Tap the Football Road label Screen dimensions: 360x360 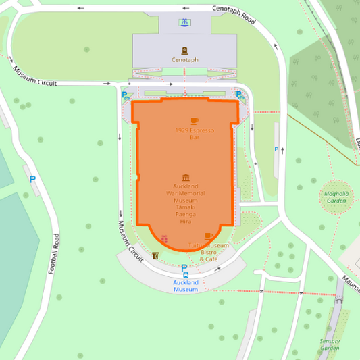tap(54, 253)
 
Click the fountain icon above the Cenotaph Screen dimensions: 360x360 tap(184, 23)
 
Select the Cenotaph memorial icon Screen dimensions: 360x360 tap(184, 50)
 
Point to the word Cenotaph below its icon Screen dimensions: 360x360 tap(184, 60)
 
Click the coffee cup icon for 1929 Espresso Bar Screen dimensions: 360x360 tap(195, 121)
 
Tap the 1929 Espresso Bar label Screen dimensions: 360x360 tap(195, 134)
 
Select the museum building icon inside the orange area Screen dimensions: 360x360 tap(186, 177)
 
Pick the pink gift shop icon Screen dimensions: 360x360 tap(164, 239)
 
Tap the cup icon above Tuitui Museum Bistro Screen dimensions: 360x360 tap(208, 236)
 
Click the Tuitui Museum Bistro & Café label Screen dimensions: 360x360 tap(208, 252)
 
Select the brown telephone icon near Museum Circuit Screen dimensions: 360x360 tap(156, 256)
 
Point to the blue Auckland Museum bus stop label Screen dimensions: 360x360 tap(185, 286)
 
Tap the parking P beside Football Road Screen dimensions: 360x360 tap(32, 180)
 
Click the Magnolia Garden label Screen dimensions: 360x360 tap(336, 197)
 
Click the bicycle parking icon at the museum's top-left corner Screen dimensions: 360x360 tap(126, 95)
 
